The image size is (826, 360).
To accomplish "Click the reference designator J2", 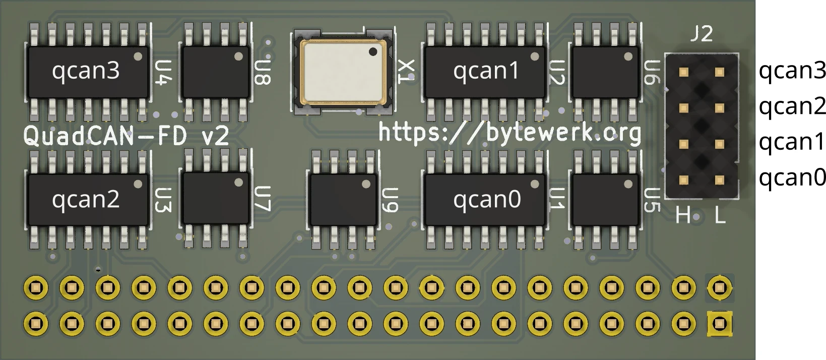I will (702, 34).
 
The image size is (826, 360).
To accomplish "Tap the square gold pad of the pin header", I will (719, 323).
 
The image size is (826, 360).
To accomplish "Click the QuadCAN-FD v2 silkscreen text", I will (126, 136).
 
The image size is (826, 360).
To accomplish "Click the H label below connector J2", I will (682, 216).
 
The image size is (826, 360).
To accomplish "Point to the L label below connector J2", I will (720, 216).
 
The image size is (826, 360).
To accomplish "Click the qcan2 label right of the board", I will (792, 106).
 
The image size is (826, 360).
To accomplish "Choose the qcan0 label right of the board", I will (792, 178).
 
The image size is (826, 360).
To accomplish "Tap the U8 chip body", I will (215, 72).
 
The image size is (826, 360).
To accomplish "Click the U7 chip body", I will (215, 198).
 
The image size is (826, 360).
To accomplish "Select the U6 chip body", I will (605, 72).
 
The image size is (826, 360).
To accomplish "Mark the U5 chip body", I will (605, 200).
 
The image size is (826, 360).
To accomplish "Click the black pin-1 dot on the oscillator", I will (373, 51).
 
